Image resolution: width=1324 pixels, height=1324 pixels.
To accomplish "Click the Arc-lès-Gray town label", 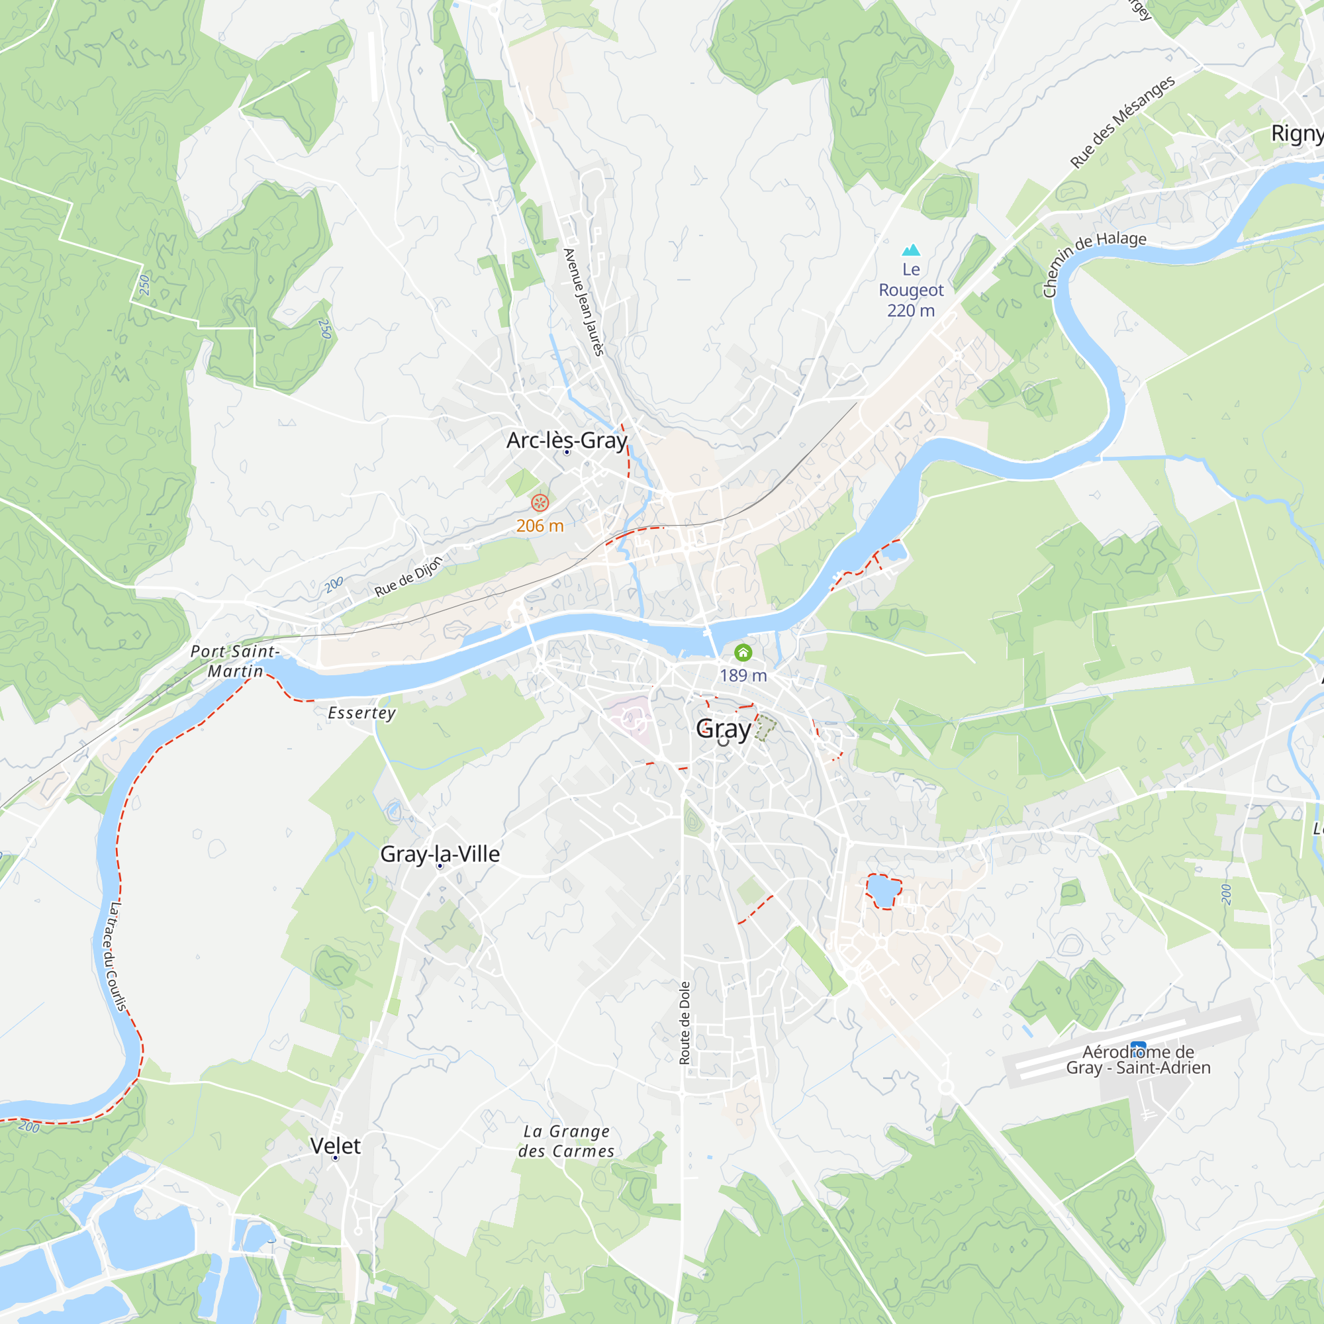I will point(567,440).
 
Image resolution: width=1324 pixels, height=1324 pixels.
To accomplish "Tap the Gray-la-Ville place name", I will point(440,854).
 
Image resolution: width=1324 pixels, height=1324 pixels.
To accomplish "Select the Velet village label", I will point(335,1146).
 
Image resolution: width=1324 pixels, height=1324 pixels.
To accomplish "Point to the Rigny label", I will point(1297,133).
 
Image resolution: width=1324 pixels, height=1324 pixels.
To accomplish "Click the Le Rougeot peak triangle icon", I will point(911,250).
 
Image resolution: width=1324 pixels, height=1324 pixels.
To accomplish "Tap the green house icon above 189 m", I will point(743,653).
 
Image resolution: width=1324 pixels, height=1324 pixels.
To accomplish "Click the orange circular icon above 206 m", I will point(540,503).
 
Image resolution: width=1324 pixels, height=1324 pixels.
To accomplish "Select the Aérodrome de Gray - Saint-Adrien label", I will point(1138,1059).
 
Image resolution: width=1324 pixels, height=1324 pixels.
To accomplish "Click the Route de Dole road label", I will point(685,1023).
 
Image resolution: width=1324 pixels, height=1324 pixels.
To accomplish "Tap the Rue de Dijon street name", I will point(408,577).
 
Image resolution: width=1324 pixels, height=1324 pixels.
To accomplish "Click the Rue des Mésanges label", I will point(1123,121).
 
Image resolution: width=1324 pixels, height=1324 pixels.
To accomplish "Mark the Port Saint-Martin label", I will point(235,661).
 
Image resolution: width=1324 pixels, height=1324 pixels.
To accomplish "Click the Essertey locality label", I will point(362,713).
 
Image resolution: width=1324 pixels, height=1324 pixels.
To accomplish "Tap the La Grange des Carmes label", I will point(566,1141).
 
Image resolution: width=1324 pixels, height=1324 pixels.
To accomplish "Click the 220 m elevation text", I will point(911,310).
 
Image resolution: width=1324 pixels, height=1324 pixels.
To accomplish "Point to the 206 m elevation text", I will point(540,526).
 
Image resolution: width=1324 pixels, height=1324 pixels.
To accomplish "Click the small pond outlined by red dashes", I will point(882,891).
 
